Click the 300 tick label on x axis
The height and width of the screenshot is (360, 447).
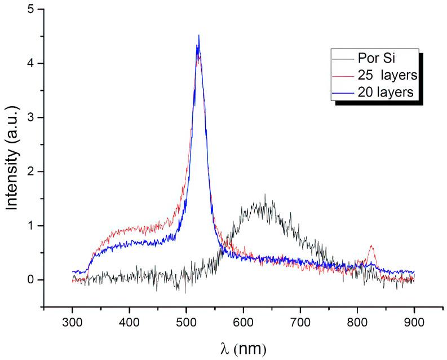pos(73,322)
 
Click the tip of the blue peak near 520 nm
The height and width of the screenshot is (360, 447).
pos(198,36)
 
